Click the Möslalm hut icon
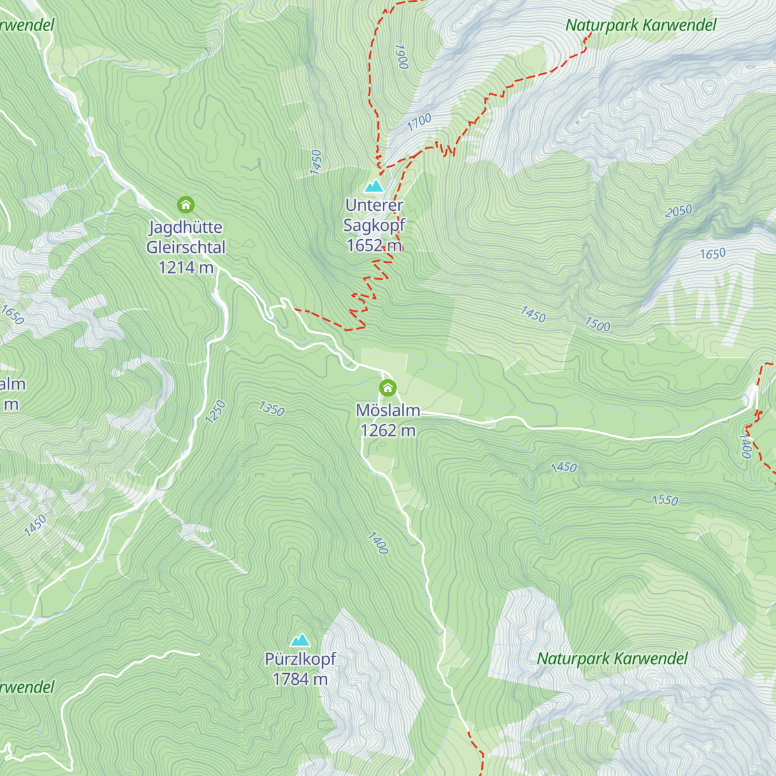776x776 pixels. click(x=387, y=387)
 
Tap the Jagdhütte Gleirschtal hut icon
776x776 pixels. click(x=186, y=206)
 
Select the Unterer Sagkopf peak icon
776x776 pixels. click(x=374, y=187)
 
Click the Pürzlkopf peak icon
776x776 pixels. click(x=299, y=640)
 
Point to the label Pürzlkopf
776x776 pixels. click(x=300, y=659)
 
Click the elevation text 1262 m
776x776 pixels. click(x=388, y=431)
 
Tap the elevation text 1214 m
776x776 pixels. click(x=186, y=267)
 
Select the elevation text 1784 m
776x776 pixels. click(x=300, y=679)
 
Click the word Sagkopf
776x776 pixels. click(x=374, y=225)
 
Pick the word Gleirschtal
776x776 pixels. click(x=186, y=247)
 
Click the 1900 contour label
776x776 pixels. click(x=401, y=57)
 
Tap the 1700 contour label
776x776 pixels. click(x=419, y=122)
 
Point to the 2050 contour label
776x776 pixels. click(x=678, y=211)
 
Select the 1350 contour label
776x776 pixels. click(x=271, y=409)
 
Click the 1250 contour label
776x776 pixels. click(x=215, y=411)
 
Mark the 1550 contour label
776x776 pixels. click(x=665, y=500)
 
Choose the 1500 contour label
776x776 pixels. click(x=597, y=325)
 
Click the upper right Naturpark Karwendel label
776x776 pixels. click(x=641, y=25)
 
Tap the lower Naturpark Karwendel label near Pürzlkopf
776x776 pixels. click(x=612, y=659)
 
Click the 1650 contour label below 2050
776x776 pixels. click(x=713, y=253)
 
